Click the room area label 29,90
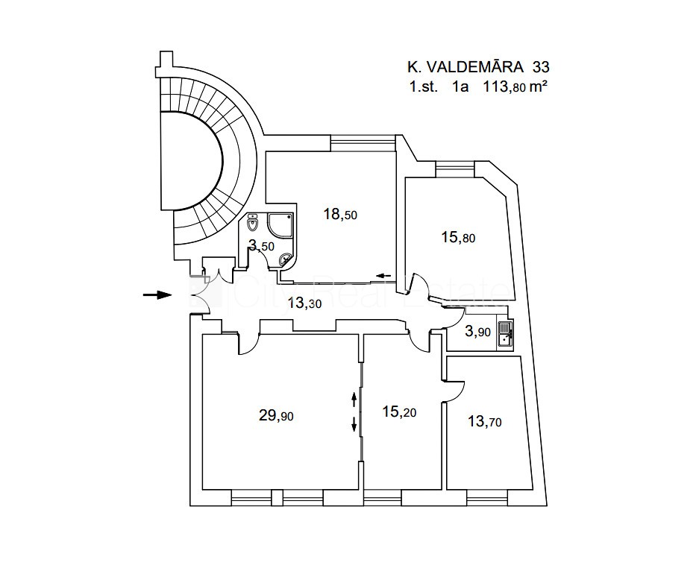(276, 416)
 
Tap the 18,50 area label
(340, 215)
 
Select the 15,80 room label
(458, 238)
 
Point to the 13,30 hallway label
(304, 302)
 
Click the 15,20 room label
(399, 411)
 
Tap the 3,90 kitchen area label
(477, 332)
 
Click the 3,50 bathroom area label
(262, 245)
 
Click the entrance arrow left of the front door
(157, 295)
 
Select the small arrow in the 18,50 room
(384, 276)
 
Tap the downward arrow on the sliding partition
(354, 425)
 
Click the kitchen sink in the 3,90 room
(505, 334)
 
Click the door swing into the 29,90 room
(246, 344)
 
